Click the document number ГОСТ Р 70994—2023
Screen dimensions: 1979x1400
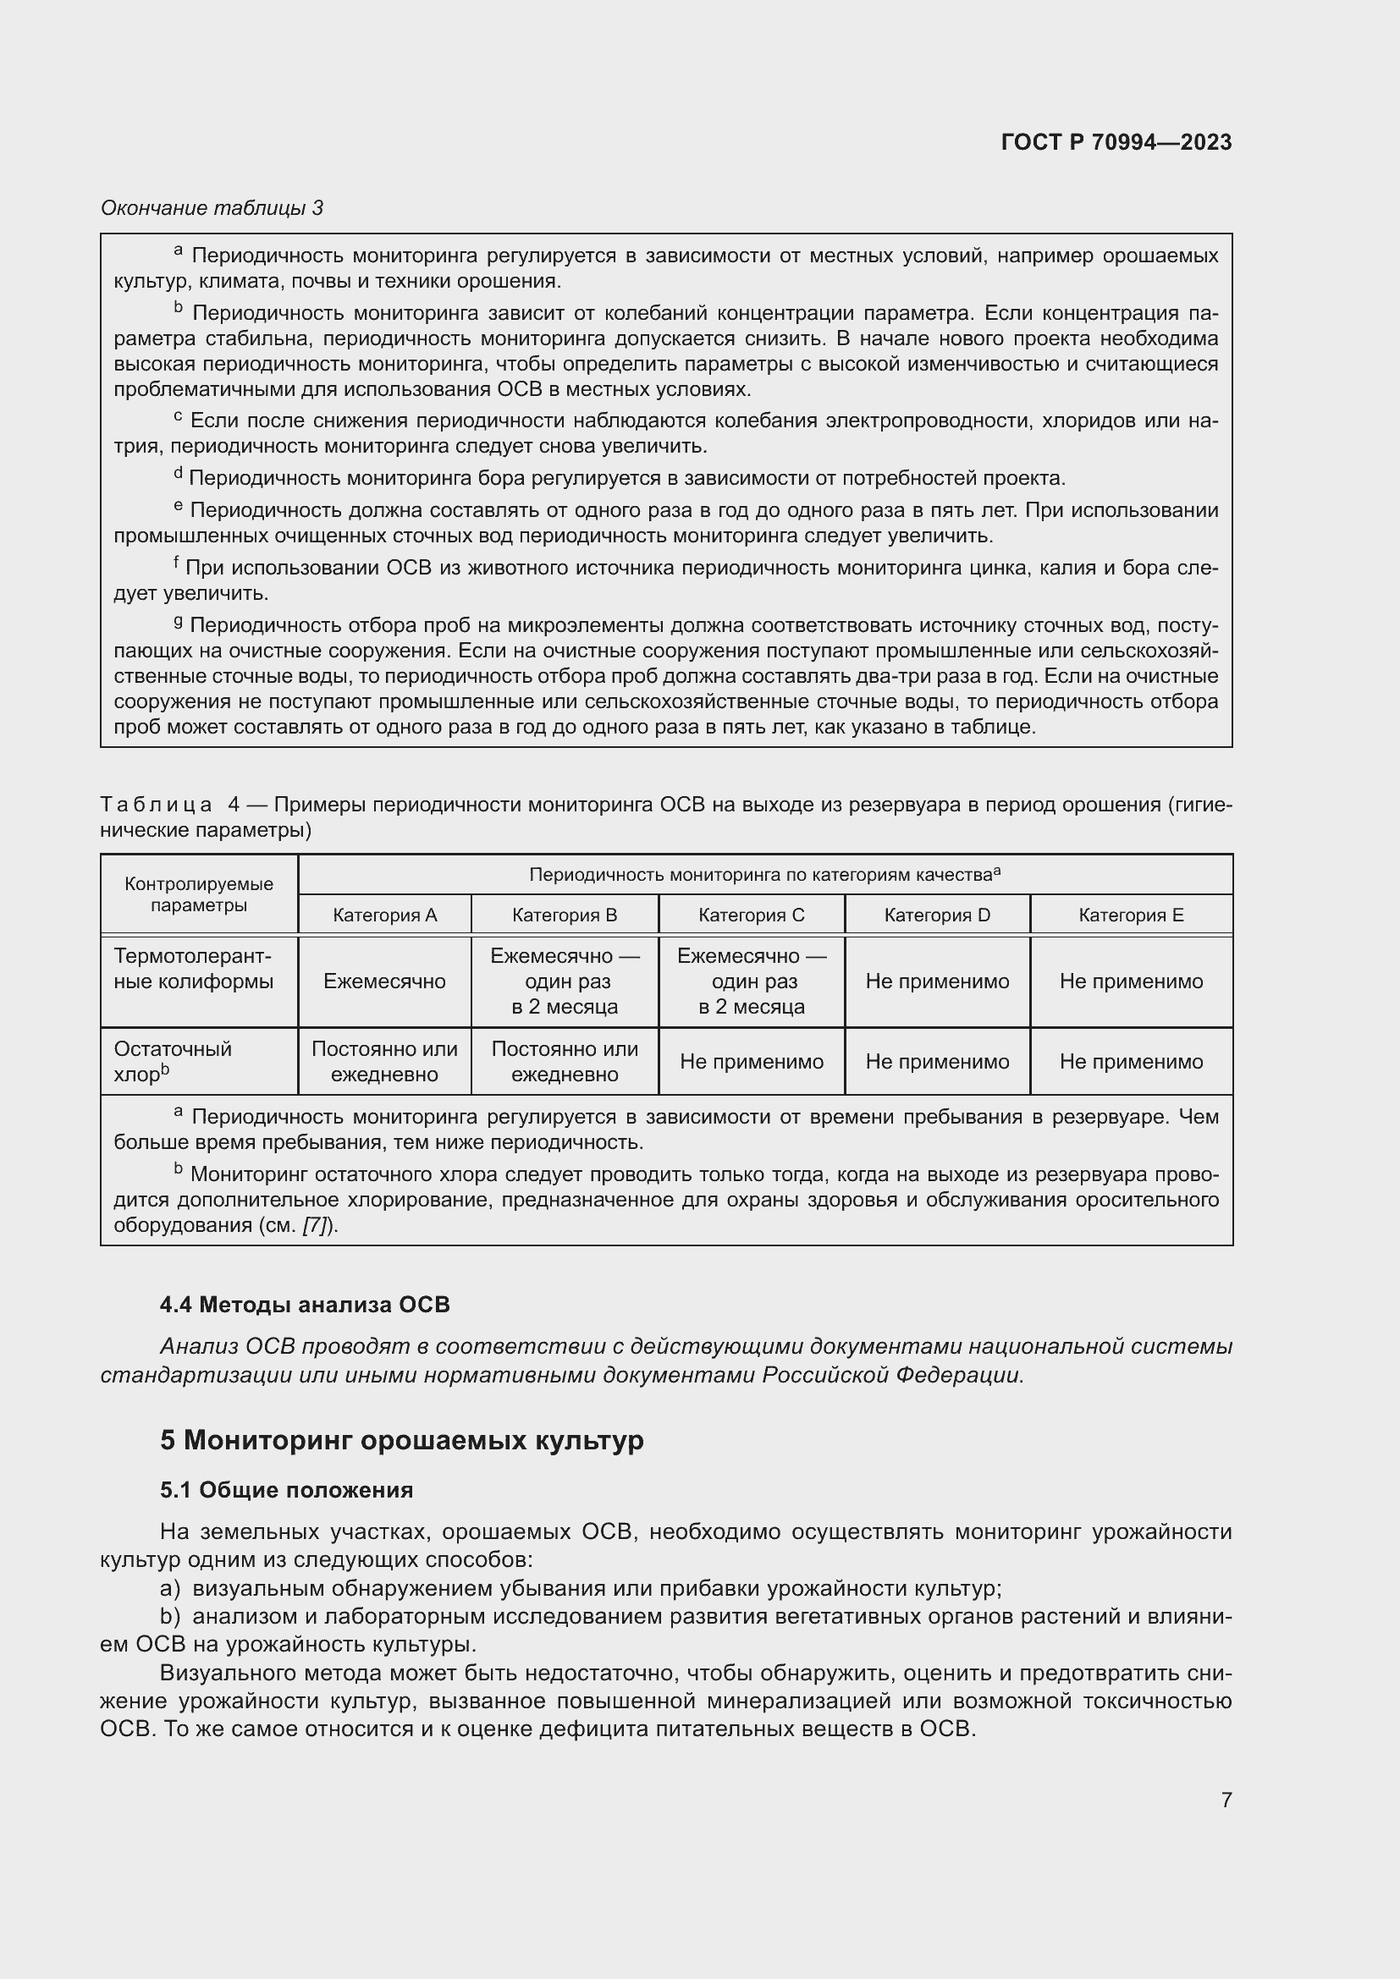click(x=1116, y=142)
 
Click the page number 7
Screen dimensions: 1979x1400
click(x=1226, y=1800)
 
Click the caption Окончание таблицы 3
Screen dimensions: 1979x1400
click(x=212, y=208)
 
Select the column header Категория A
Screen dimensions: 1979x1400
click(x=384, y=915)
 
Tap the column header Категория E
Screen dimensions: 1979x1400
click(x=1131, y=915)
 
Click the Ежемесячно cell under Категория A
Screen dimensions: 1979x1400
click(x=384, y=981)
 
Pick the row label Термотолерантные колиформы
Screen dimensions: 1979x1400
click(x=194, y=969)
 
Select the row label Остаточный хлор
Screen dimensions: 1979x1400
click(x=173, y=1061)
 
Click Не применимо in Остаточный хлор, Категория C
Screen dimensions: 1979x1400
click(x=751, y=1061)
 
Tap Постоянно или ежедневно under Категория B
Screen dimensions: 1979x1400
click(x=565, y=1061)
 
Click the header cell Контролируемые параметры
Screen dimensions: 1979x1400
click(x=199, y=893)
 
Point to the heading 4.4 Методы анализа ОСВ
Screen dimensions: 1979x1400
click(x=306, y=1304)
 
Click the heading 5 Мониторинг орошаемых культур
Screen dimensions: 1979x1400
click(x=402, y=1440)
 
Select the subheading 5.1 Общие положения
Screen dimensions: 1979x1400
click(x=286, y=1490)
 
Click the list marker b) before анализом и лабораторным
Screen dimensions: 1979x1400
click(x=170, y=1616)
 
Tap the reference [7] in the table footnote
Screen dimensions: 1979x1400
click(x=317, y=1226)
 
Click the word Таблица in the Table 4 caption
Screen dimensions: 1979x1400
click(x=156, y=805)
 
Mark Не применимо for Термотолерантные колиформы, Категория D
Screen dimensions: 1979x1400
click(x=937, y=981)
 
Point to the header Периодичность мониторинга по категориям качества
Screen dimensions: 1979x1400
click(x=763, y=875)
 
